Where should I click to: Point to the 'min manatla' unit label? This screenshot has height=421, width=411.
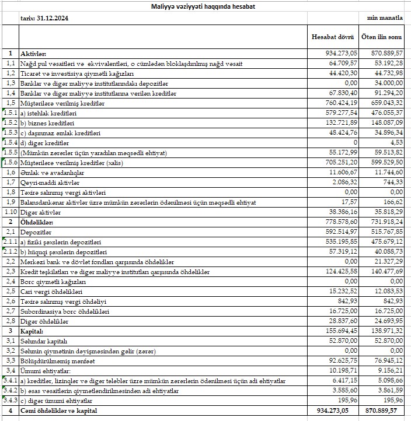385,18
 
